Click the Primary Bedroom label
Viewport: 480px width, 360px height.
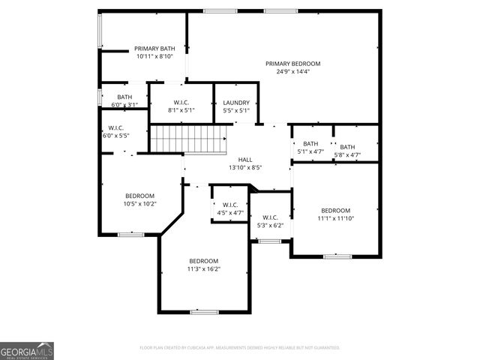pyautogui.click(x=292, y=64)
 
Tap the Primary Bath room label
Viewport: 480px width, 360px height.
pyautogui.click(x=154, y=48)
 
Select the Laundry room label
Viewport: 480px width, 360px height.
pyautogui.click(x=236, y=103)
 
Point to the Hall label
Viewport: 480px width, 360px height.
pyautogui.click(x=245, y=160)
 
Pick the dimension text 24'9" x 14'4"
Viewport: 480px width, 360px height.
pyautogui.click(x=292, y=72)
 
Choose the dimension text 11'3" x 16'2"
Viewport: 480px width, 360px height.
pyautogui.click(x=203, y=268)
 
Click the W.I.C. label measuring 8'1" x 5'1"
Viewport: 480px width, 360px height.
pyautogui.click(x=181, y=103)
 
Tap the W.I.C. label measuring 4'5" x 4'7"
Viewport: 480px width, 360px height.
pyautogui.click(x=229, y=205)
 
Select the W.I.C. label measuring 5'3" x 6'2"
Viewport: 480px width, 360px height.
pyautogui.click(x=270, y=217)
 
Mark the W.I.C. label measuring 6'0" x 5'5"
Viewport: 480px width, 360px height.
pyautogui.click(x=115, y=128)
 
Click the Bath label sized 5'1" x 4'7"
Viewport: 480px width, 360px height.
pyautogui.click(x=310, y=144)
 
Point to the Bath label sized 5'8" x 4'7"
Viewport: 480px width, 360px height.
pyautogui.click(x=347, y=147)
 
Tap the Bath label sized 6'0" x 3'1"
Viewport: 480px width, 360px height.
pyautogui.click(x=124, y=97)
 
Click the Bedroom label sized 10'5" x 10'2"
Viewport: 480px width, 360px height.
pyautogui.click(x=139, y=196)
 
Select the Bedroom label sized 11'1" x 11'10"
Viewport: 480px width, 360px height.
pyautogui.click(x=335, y=211)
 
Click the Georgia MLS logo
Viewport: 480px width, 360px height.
pyautogui.click(x=27, y=351)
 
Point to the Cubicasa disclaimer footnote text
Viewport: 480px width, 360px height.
pyautogui.click(x=240, y=348)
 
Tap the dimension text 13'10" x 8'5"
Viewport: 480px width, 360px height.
pyautogui.click(x=245, y=168)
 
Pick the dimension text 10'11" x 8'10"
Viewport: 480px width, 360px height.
pyautogui.click(x=154, y=56)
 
